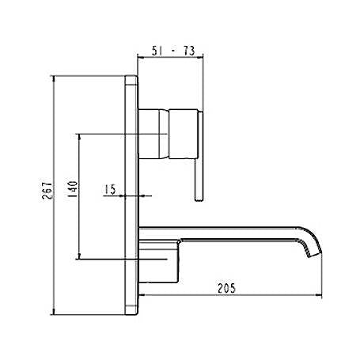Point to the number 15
pos(109,189)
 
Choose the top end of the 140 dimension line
pos(79,134)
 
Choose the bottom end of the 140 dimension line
pos(79,258)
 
